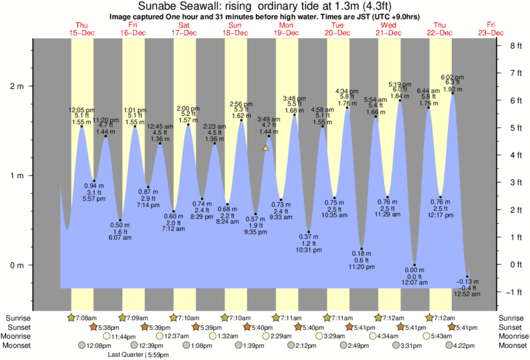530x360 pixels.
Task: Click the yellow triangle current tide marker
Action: coord(265,148)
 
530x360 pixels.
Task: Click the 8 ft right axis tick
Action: coord(515,46)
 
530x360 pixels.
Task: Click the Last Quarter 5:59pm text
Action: coord(138,355)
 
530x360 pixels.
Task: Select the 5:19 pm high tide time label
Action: coord(400,84)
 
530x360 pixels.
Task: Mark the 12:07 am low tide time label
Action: coord(414,283)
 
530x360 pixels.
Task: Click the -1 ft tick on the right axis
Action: coord(514,293)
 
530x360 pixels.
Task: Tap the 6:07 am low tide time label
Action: coord(120,238)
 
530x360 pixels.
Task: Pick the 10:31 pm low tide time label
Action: coord(308,250)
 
